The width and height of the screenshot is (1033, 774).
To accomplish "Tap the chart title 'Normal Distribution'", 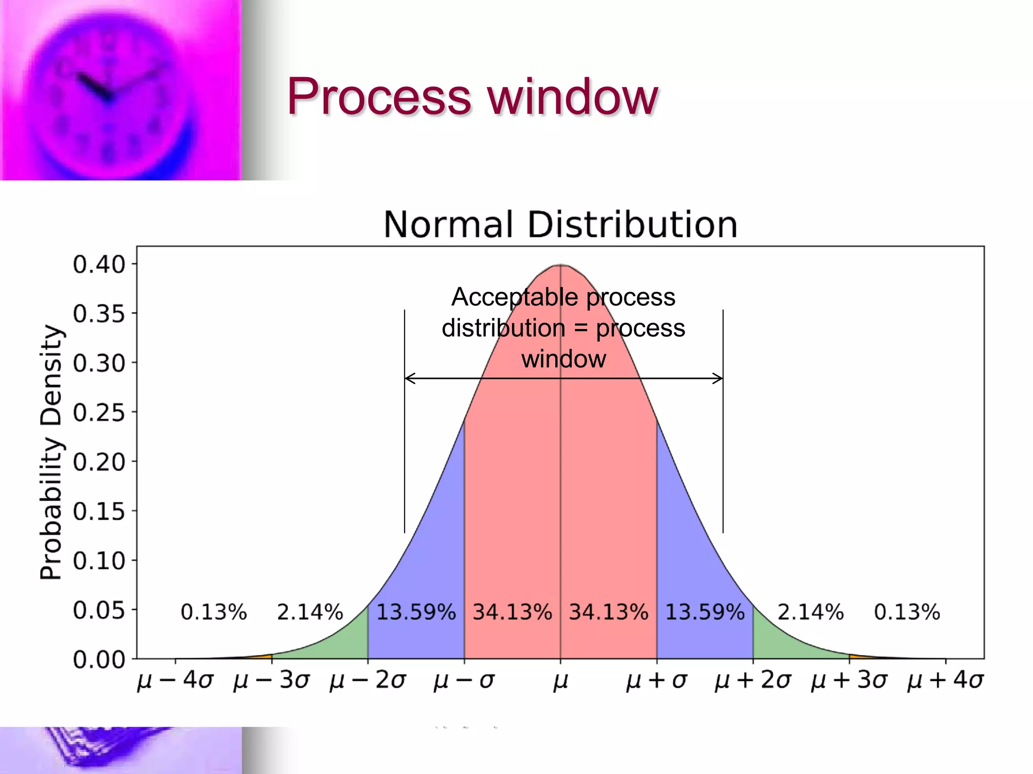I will click(560, 225).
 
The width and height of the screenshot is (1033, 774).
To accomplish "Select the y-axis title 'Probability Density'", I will click(51, 452).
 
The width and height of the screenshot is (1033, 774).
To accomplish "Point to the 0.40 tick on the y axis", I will click(99, 265).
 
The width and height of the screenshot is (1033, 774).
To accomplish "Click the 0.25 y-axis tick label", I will click(99, 413).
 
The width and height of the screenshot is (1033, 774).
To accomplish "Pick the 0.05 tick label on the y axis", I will click(99, 610).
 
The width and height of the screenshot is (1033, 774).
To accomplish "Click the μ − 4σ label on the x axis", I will click(175, 680).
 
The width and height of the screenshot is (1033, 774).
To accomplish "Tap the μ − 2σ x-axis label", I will click(368, 680).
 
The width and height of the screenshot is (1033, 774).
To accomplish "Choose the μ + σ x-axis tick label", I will click(656, 680).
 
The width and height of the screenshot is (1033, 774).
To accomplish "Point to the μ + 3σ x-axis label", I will click(849, 680).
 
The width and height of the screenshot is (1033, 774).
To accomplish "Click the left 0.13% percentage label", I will click(214, 612).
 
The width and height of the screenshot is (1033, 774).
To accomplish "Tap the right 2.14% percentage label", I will click(810, 612).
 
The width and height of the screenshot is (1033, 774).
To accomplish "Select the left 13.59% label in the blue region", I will click(416, 612).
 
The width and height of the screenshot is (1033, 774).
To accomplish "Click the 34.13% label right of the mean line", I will click(608, 612).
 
